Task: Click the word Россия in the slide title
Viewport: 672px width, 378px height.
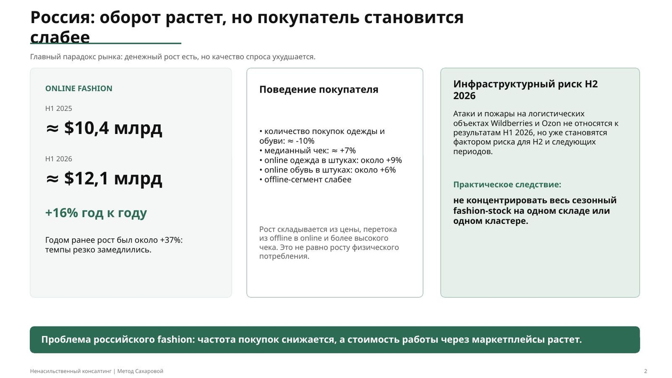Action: click(x=62, y=17)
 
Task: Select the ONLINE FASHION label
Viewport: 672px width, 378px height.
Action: click(x=79, y=88)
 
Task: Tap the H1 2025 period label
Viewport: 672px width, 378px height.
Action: click(x=59, y=109)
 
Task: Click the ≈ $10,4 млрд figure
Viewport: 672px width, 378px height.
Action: click(x=104, y=128)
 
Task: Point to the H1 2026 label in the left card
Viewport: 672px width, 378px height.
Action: click(x=59, y=159)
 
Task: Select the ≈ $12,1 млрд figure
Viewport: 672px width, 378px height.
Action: click(x=104, y=178)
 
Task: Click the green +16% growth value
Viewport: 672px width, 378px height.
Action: click(x=61, y=213)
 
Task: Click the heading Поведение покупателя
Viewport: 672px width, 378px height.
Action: click(x=319, y=89)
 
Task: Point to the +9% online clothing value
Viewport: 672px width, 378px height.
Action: click(x=394, y=160)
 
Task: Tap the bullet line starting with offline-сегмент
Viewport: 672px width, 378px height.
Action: click(x=305, y=180)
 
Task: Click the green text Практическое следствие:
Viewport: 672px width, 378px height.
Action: click(x=507, y=184)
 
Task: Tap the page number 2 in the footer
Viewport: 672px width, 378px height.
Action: click(x=646, y=371)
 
